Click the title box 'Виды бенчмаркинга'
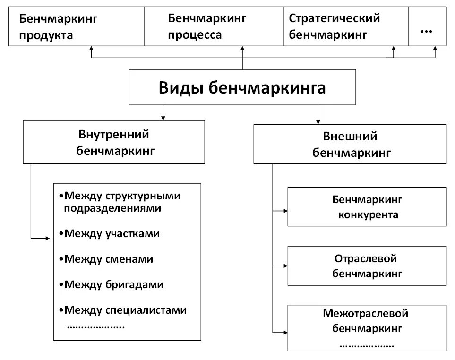(242, 87)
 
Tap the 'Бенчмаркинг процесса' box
(214, 27)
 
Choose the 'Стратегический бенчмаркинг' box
(346, 27)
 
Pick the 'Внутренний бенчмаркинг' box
(114, 142)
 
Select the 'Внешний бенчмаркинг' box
(350, 144)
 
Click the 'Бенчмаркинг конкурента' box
(367, 207)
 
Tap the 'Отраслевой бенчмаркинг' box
(367, 266)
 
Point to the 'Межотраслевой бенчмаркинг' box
(367, 327)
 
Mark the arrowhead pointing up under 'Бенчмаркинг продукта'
(92, 48)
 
